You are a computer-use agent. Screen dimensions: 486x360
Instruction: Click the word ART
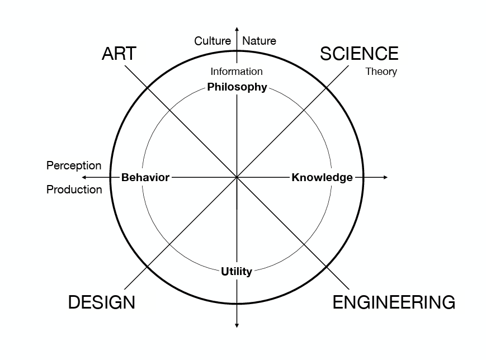tap(119, 54)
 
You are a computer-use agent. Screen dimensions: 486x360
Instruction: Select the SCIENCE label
tap(359, 54)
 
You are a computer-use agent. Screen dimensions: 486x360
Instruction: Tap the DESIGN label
tap(102, 302)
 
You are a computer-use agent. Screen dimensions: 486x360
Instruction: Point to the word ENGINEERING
tap(394, 302)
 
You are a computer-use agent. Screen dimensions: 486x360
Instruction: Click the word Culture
tap(213, 41)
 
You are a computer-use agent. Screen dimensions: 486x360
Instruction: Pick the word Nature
tap(259, 41)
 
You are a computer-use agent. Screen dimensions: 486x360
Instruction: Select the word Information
tap(237, 72)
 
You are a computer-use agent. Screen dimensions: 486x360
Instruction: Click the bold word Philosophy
tap(237, 87)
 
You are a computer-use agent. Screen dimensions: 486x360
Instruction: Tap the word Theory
tap(381, 72)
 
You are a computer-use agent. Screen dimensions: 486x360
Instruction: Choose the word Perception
tap(74, 166)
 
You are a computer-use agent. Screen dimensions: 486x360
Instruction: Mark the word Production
tap(74, 190)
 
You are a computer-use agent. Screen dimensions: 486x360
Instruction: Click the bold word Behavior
tap(145, 177)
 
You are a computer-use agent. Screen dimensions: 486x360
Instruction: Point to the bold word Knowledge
tap(322, 177)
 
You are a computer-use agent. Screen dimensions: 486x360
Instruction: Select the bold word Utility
tap(237, 272)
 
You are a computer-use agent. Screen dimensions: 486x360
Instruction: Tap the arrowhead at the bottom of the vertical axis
tap(237, 326)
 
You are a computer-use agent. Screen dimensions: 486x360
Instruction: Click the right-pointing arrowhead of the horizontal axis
tap(385, 177)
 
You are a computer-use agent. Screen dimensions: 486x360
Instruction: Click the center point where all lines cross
tap(237, 177)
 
